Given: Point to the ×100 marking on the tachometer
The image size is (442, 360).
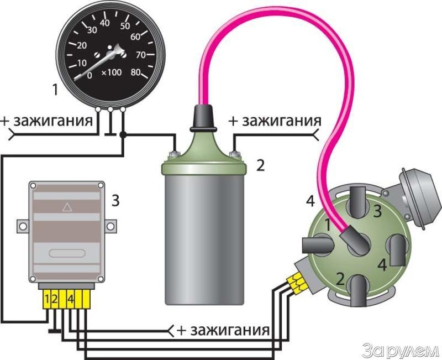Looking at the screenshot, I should [113, 74].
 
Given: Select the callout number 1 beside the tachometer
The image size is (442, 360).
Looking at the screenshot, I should [54, 87].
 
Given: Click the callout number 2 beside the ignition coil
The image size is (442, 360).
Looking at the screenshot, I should [261, 164].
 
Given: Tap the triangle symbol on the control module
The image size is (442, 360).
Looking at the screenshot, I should [67, 208].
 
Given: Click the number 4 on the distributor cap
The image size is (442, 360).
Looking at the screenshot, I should [382, 264].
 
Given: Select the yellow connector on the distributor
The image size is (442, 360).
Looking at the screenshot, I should [298, 282].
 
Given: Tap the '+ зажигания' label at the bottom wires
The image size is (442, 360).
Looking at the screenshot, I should [223, 331].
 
